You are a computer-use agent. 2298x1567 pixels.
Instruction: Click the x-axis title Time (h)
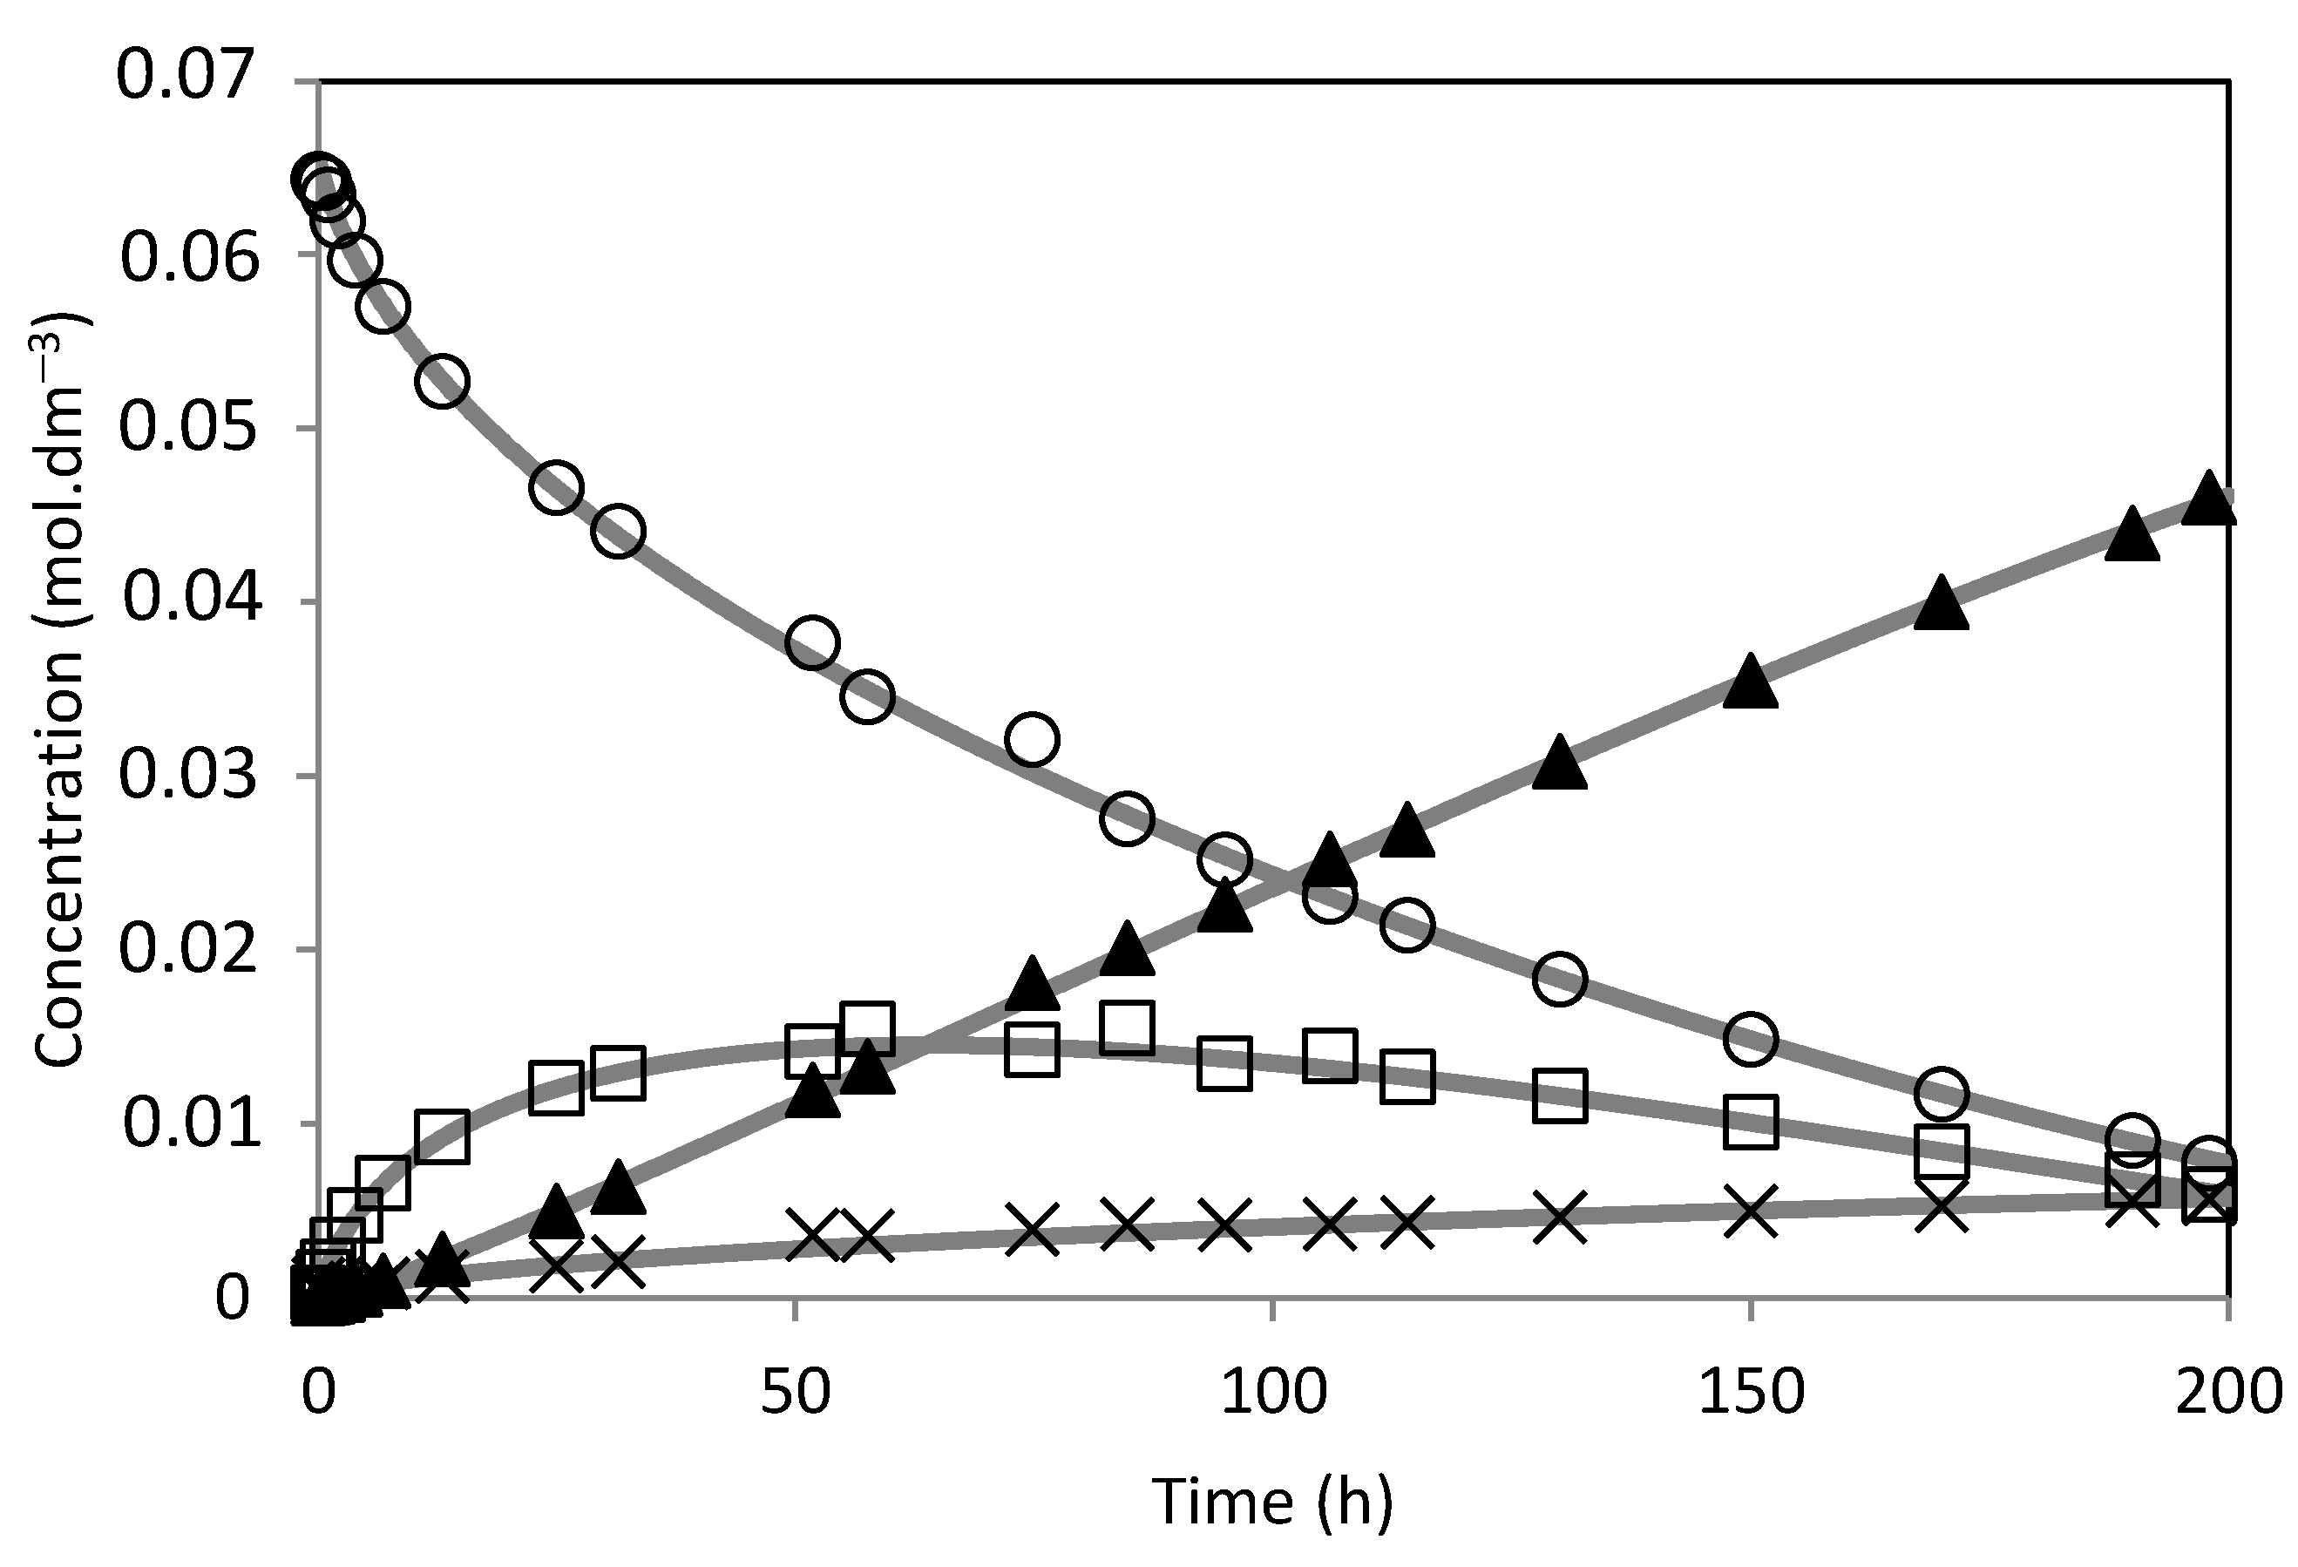click(1272, 1502)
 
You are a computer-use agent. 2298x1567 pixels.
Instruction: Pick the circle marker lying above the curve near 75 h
click(1031, 738)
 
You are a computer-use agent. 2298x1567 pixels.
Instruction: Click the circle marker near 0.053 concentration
click(442, 381)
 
